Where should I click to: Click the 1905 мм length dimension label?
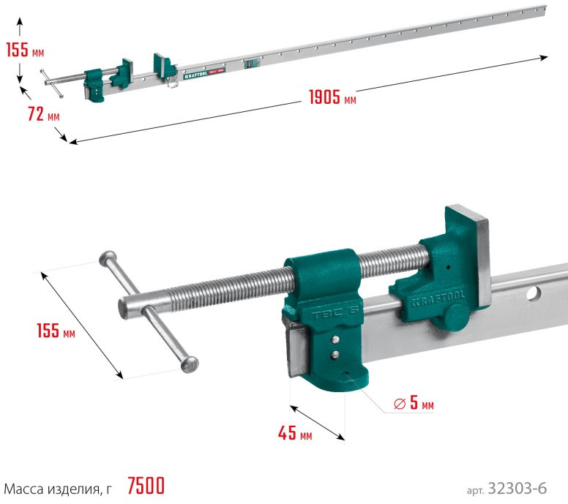click(332, 97)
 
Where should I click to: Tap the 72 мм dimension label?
click(43, 114)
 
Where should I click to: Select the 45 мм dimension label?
click(295, 432)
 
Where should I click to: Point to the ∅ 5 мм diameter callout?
click(414, 402)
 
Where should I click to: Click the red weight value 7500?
click(146, 486)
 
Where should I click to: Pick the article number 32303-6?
click(517, 488)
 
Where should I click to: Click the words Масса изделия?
click(52, 489)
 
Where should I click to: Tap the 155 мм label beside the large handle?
click(56, 331)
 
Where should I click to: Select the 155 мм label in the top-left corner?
click(25, 49)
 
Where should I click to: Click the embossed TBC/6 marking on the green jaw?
click(335, 313)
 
